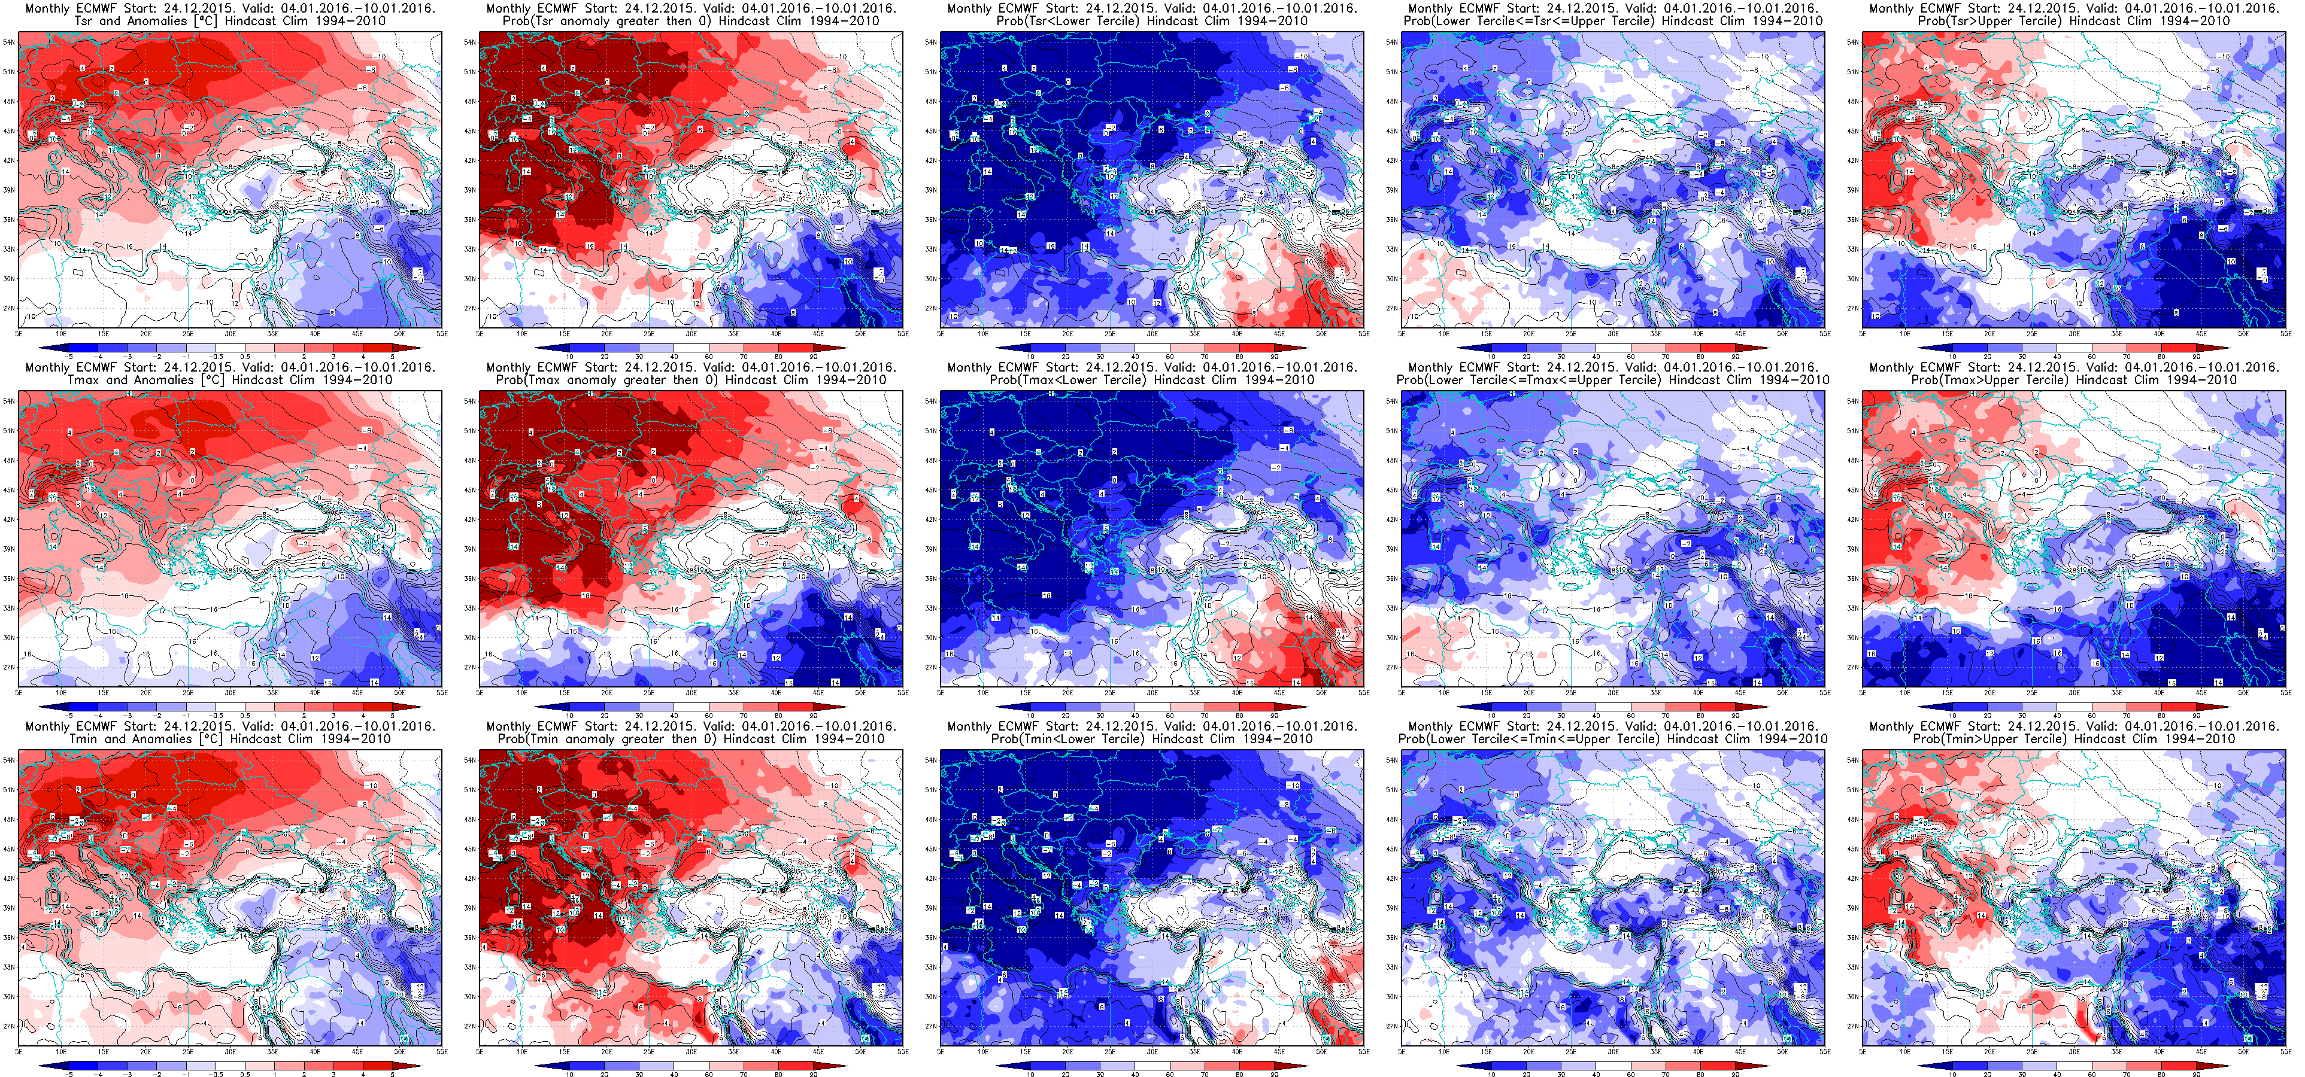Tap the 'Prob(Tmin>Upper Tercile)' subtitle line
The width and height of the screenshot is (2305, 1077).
(2073, 739)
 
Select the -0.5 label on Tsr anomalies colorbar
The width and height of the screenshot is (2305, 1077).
(216, 356)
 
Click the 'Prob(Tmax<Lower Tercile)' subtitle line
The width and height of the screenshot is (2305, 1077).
(1152, 380)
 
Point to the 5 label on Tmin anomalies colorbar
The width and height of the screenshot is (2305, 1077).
(392, 1073)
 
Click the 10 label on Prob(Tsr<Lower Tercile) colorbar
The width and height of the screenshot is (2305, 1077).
(1031, 356)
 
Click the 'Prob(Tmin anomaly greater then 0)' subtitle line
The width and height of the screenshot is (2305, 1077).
(691, 739)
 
